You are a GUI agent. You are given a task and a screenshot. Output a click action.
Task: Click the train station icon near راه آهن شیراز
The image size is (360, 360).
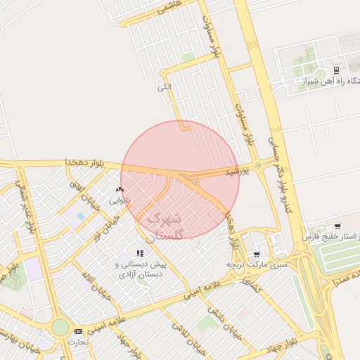[337, 70]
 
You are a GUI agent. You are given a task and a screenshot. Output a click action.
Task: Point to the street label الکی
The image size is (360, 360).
[165, 87]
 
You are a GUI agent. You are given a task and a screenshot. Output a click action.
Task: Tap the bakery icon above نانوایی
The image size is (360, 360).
[120, 189]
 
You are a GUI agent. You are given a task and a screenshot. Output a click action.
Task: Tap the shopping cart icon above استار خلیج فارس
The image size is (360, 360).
[338, 226]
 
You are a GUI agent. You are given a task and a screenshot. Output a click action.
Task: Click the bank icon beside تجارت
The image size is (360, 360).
[77, 330]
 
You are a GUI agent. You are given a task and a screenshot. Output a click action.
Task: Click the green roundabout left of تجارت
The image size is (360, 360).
[60, 328]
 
